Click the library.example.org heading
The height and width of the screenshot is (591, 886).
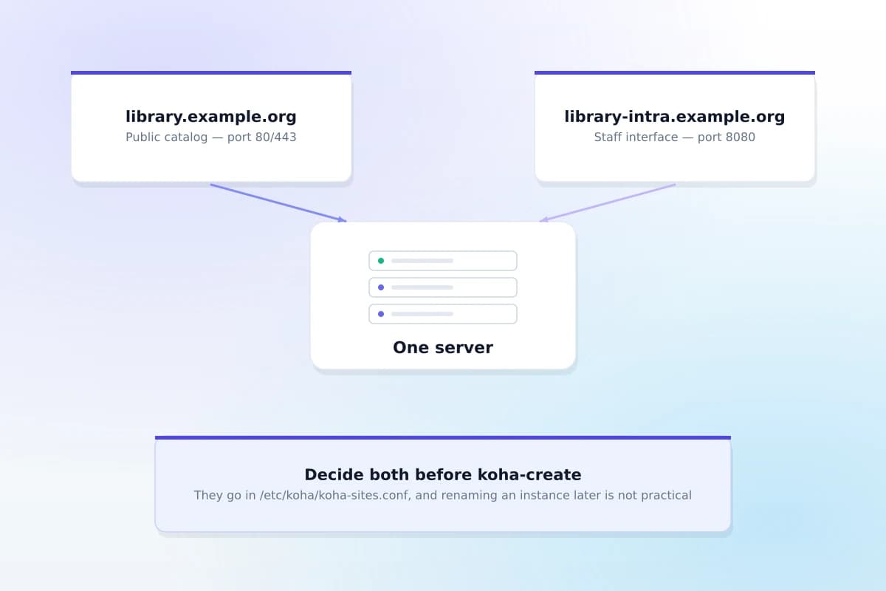pos(211,117)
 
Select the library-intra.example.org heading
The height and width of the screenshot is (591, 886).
pos(674,117)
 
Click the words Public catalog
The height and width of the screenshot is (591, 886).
pos(167,137)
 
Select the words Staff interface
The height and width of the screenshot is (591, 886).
pos(636,137)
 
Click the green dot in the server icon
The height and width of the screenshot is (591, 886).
pos(381,261)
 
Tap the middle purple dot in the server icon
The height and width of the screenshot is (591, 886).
pos(381,287)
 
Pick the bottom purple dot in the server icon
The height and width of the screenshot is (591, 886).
pos(381,314)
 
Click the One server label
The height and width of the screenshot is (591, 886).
pos(443,347)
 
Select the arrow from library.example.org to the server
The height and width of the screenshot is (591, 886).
pos(278,202)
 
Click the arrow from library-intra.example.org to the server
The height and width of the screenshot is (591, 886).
pos(608,202)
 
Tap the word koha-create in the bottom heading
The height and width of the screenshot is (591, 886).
pos(529,474)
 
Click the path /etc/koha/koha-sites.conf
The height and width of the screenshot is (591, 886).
pos(334,496)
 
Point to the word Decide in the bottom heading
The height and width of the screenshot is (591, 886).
pos(334,474)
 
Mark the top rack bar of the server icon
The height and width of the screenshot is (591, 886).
pos(443,261)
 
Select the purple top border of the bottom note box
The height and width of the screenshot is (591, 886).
pos(443,438)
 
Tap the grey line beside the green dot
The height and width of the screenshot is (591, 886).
pos(422,261)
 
